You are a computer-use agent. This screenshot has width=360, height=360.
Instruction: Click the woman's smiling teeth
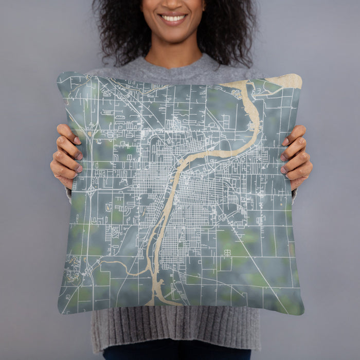pos(173,19)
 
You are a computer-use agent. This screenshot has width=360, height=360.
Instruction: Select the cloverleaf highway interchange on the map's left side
pos(92,192)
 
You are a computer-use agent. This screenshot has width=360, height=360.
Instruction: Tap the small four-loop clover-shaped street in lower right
pos(227,252)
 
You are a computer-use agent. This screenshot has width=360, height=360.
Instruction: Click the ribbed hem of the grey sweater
pos(175,329)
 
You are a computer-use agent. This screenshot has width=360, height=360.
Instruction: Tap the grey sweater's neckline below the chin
pos(175,64)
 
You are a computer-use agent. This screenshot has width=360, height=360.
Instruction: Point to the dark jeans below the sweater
pos(175,354)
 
